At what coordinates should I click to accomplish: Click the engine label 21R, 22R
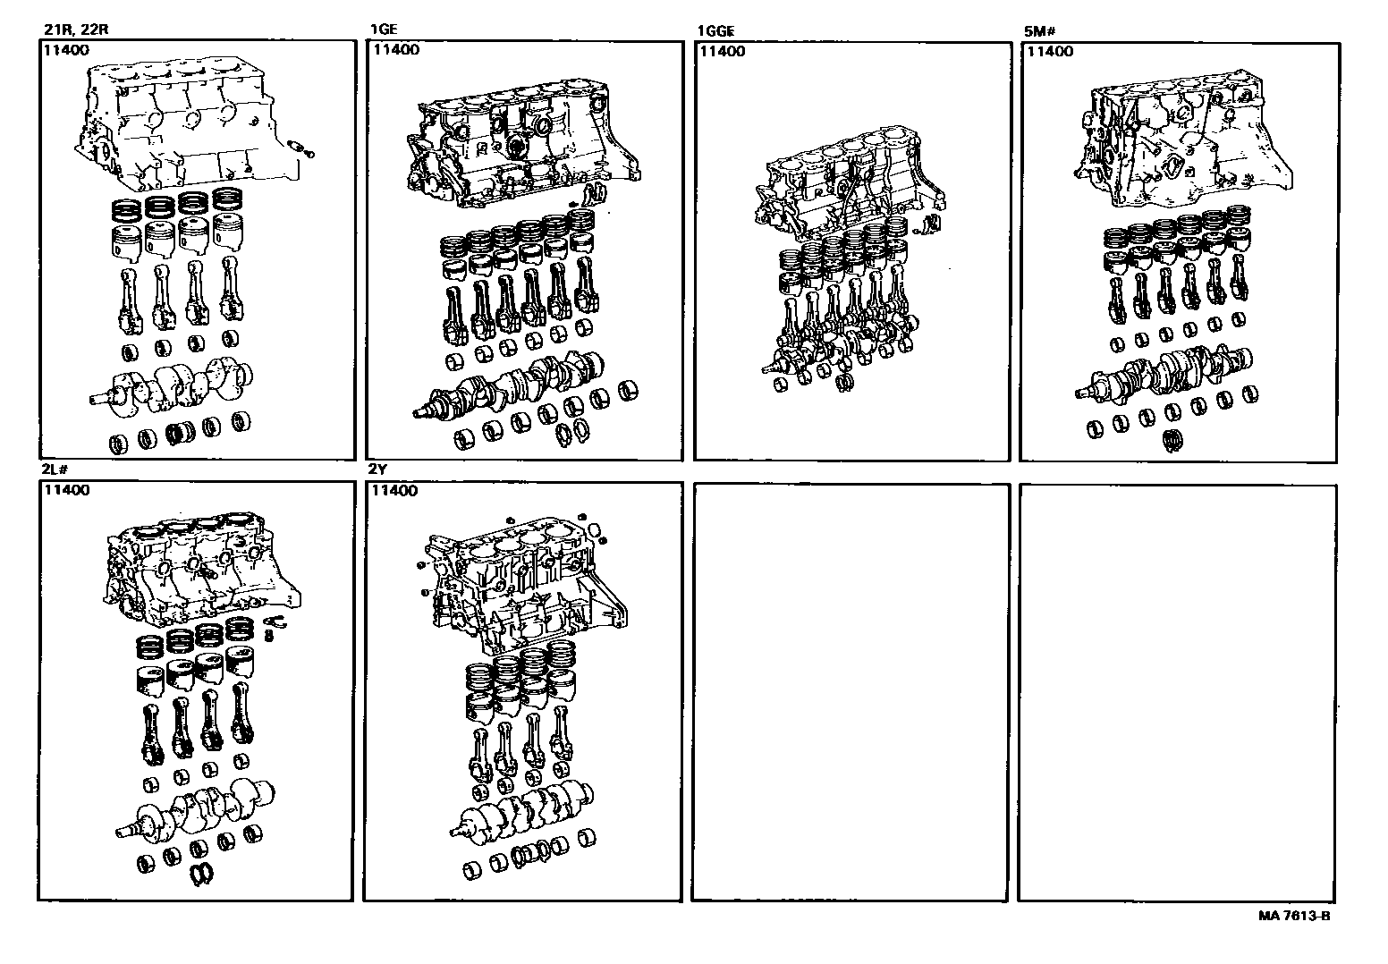pos(75,29)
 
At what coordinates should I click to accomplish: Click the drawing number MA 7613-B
pos(1293,916)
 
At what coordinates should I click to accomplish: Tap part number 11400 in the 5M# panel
pos(1050,52)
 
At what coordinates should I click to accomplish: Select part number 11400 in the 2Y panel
pos(394,491)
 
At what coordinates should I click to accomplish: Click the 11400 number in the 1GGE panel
pos(721,52)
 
